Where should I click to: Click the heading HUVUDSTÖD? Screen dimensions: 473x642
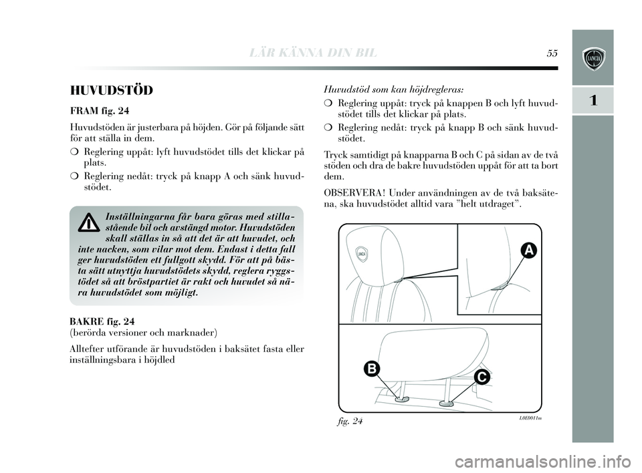coord(112,90)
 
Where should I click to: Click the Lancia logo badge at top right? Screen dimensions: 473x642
coord(593,57)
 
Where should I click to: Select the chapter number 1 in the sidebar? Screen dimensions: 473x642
coord(593,100)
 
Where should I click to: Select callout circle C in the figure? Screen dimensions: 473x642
coord(482,377)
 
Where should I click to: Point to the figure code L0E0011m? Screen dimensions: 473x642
coord(530,418)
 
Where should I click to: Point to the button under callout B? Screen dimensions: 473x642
coord(401,400)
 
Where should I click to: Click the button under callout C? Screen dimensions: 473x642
coord(445,403)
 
